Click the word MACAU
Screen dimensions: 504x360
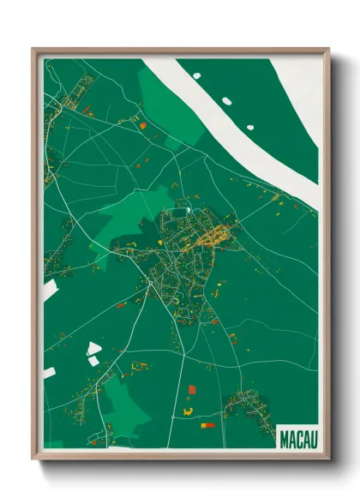pos(297,439)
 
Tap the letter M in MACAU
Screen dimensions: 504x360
pos(285,439)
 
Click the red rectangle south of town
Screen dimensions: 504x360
pos(191,389)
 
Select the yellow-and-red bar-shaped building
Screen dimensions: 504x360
pos(207,423)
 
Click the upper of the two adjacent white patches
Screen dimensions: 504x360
pos(93,348)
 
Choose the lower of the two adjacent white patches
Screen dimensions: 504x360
pos(93,361)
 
